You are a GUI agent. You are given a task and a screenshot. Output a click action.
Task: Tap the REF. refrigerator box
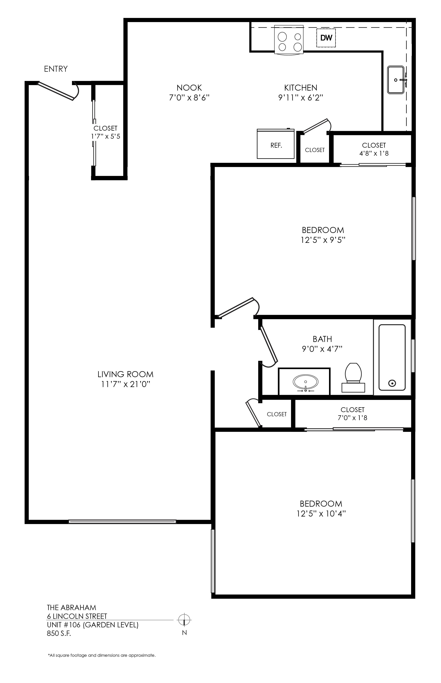[276, 144]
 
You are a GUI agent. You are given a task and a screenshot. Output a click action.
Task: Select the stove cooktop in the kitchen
[289, 39]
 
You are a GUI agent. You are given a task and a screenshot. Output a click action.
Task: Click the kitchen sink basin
[396, 80]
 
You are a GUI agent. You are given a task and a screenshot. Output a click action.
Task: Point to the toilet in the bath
[353, 377]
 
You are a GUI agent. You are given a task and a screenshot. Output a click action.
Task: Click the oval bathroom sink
[306, 382]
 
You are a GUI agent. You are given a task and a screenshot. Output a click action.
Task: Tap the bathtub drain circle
[392, 383]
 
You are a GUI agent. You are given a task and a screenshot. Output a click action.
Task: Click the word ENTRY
[56, 69]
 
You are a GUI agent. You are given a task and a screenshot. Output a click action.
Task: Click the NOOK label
[189, 88]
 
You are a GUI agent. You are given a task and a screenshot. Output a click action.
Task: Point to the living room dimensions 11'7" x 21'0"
[126, 384]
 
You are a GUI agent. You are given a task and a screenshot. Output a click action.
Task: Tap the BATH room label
[322, 339]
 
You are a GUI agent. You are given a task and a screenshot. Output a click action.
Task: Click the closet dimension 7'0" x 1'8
[352, 418]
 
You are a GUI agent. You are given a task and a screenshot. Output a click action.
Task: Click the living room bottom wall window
[122, 522]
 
